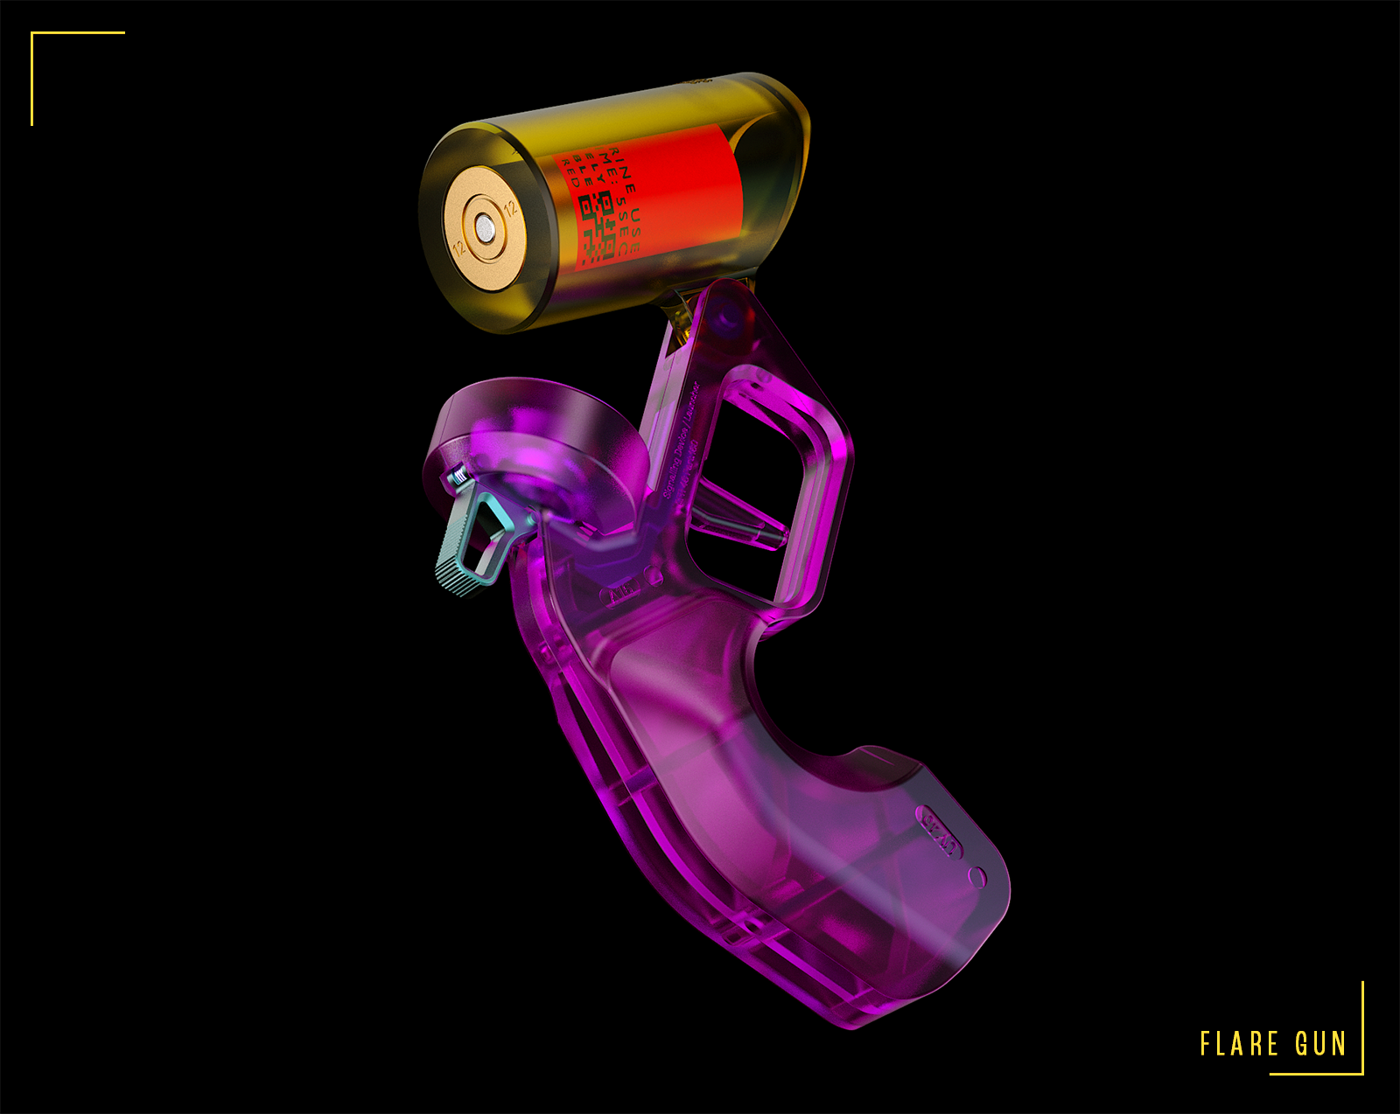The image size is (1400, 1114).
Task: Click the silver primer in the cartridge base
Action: (484, 229)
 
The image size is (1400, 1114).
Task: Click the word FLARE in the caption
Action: (1239, 1044)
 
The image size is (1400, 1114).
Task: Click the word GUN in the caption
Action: (1320, 1044)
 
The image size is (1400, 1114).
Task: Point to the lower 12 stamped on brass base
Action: (458, 247)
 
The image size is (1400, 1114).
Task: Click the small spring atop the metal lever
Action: (458, 477)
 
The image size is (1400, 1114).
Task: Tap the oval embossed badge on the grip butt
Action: (940, 834)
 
